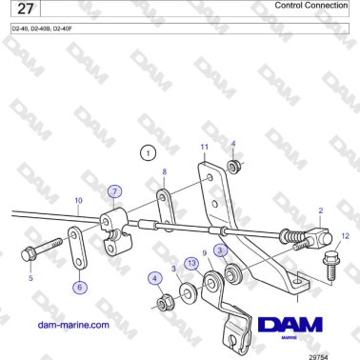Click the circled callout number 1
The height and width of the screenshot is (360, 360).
tap(147, 151)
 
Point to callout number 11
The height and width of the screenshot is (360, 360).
tap(203, 147)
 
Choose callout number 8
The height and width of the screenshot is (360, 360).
tap(164, 172)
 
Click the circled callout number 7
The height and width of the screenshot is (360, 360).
tap(114, 190)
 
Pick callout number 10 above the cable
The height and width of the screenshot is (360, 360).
tap(78, 201)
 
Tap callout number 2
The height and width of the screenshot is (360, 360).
tap(321, 210)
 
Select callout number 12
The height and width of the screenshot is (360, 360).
tap(345, 234)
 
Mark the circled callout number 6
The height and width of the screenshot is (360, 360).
tap(79, 286)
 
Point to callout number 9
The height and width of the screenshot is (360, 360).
tap(204, 253)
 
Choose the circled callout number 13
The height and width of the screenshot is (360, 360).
tap(191, 263)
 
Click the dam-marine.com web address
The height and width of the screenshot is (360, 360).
tap(72, 325)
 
